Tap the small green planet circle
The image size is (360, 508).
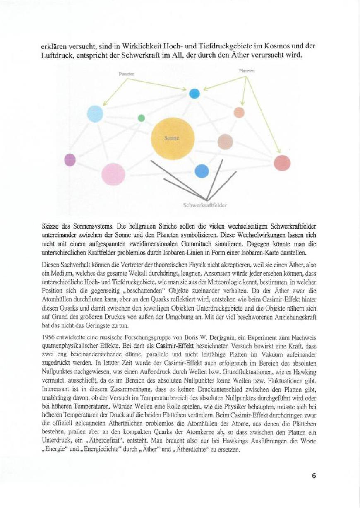[x=141, y=118]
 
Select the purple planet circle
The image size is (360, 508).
[x=70, y=159]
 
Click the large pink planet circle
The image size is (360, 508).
[x=113, y=174]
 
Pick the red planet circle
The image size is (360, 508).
[x=282, y=162]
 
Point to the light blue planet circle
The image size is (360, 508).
[x=95, y=114]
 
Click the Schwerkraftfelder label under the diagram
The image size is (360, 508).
[x=204, y=205]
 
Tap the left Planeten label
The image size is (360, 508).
[x=127, y=75]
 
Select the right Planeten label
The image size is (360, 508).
[x=247, y=71]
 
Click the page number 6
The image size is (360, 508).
[x=314, y=475]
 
